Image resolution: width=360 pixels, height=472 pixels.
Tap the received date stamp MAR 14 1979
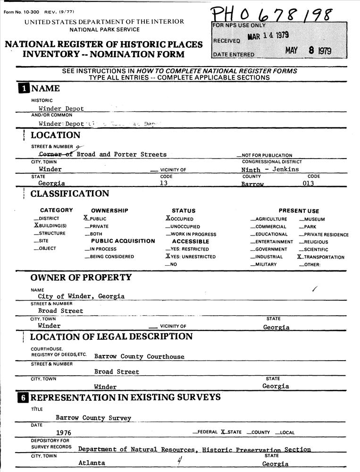269,36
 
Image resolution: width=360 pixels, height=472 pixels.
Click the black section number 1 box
23,89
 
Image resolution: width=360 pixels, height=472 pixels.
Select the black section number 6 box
23,397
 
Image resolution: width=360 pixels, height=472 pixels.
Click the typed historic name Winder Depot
61,109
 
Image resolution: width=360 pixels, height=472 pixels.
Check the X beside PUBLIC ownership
85,218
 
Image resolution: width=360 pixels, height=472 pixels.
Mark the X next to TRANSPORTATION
300,257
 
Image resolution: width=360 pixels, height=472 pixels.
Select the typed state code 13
164,183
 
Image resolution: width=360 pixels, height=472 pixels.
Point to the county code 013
308,183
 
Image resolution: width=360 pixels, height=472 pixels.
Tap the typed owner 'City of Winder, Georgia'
81,296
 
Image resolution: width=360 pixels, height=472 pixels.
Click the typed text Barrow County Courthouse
139,356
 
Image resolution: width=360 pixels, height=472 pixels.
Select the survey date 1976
64,432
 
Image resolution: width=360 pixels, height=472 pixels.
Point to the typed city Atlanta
92,463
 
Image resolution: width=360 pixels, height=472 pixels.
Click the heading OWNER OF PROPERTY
81,278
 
